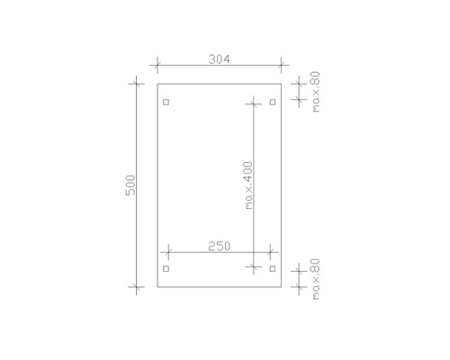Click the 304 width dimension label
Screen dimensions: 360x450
coord(219,59)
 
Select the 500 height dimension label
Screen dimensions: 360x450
coord(130,187)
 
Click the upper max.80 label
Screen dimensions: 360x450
coord(316,94)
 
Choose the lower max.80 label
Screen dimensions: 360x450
coord(316,279)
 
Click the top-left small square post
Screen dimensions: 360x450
coord(166,102)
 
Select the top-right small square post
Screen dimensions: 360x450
coord(272,102)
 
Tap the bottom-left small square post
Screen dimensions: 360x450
coord(166,269)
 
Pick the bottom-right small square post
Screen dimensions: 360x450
coord(272,269)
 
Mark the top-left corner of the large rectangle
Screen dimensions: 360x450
coord(157,84)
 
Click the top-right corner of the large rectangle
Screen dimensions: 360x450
coord(282,84)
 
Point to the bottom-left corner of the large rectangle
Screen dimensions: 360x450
coord(157,289)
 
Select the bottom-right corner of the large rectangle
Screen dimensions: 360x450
coord(282,289)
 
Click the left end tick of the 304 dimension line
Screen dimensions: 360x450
coord(157,65)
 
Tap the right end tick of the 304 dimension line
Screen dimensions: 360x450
coord(282,65)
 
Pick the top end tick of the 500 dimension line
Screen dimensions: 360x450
coord(137,84)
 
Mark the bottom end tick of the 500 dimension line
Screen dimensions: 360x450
coord(137,289)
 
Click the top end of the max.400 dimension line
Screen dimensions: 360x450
coord(255,102)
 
